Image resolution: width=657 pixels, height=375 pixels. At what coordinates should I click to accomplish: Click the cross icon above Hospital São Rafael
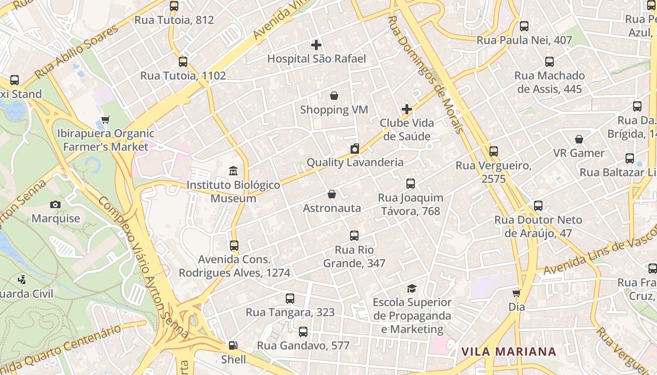tap(316, 45)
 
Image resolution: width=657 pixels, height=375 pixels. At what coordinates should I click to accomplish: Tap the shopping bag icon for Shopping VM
tap(334, 96)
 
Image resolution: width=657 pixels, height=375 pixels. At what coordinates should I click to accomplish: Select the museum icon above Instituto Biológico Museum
tap(233, 171)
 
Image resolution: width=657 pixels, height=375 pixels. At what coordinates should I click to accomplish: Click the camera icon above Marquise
tap(55, 205)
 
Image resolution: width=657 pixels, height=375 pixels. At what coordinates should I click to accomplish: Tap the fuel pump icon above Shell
tap(233, 346)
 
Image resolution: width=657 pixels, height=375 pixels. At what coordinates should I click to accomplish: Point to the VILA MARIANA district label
tap(508, 352)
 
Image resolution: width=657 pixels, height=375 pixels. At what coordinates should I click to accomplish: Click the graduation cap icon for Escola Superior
tap(412, 288)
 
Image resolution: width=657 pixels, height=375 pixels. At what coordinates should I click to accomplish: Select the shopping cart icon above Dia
tap(517, 293)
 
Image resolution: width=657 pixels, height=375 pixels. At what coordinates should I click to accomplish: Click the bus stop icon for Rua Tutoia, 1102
tap(183, 62)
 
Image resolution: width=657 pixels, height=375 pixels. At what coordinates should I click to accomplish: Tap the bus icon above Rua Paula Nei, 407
tap(524, 26)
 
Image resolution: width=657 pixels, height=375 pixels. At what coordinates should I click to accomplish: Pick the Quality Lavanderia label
tap(355, 163)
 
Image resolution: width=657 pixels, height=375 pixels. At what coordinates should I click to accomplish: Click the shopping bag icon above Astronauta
tap(332, 194)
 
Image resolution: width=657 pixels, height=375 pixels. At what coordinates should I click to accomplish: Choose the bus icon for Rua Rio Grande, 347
tap(354, 236)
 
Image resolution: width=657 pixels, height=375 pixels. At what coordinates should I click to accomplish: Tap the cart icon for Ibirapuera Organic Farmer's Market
tap(106, 120)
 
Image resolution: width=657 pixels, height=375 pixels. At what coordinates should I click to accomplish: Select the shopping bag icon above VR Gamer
tap(579, 140)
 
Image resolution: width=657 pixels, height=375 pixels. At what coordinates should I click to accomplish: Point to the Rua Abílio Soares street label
tap(77, 52)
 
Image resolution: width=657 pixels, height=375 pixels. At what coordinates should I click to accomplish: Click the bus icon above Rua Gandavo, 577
tap(303, 332)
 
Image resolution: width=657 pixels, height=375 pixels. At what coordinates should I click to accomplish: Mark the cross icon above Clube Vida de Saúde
tap(407, 109)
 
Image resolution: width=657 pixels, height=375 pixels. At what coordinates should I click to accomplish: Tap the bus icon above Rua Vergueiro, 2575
tap(493, 151)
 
